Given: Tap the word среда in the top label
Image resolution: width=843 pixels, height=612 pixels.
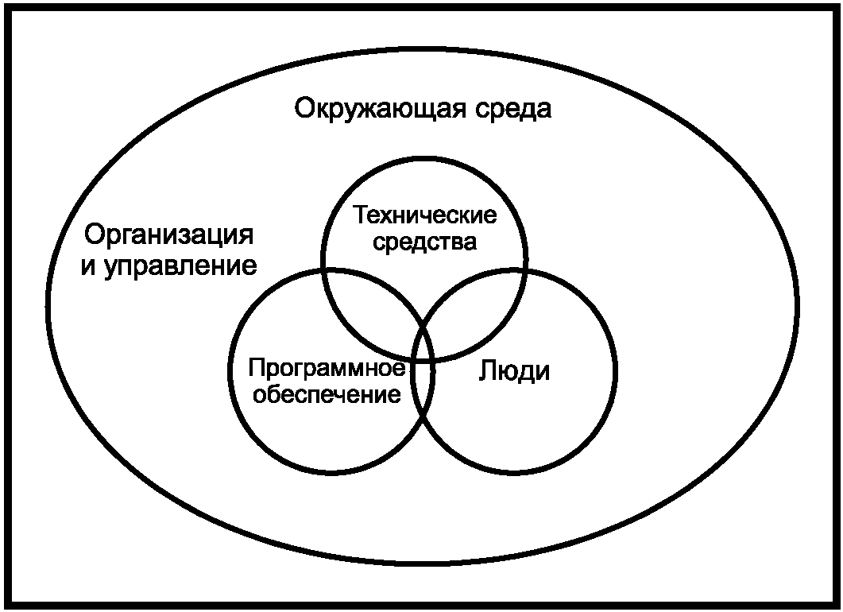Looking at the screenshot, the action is coord(513,108).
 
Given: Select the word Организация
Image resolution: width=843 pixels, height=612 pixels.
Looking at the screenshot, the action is coord(169,236).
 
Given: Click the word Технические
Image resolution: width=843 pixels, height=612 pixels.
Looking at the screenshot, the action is coord(425,215).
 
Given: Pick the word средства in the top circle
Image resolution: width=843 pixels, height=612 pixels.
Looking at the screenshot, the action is coord(424,241).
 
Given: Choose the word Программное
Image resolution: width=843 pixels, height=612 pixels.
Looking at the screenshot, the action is coord(328,369).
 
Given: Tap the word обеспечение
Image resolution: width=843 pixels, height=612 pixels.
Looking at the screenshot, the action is coord(327,393).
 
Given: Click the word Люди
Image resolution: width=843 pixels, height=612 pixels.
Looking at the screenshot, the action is coord(514,371).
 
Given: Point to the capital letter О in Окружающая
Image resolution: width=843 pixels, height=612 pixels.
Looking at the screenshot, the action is coord(306,108).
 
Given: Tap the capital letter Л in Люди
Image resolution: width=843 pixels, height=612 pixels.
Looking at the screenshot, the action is coord(487,371).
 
